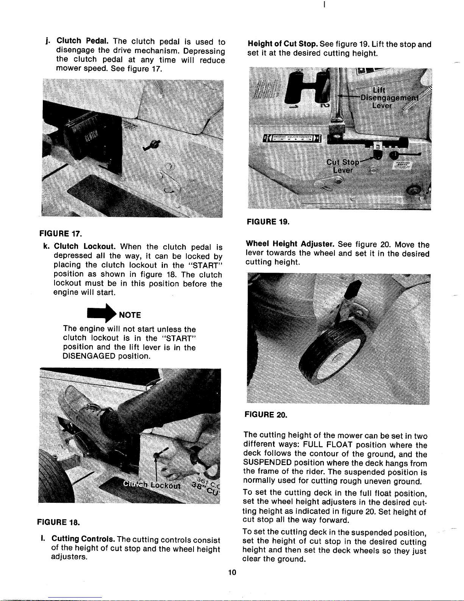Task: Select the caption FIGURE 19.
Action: pyautogui.click(x=268, y=222)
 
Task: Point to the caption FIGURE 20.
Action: pyautogui.click(x=266, y=414)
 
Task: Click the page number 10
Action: pyautogui.click(x=232, y=572)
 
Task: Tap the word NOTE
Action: pyautogui.click(x=130, y=315)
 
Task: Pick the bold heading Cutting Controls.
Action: pyautogui.click(x=83, y=539)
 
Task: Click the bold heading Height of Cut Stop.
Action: pyautogui.click(x=283, y=44)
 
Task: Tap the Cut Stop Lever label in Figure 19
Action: pyautogui.click(x=343, y=166)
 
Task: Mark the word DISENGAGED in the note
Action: pyautogui.click(x=89, y=356)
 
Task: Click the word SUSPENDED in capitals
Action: pyautogui.click(x=268, y=463)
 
